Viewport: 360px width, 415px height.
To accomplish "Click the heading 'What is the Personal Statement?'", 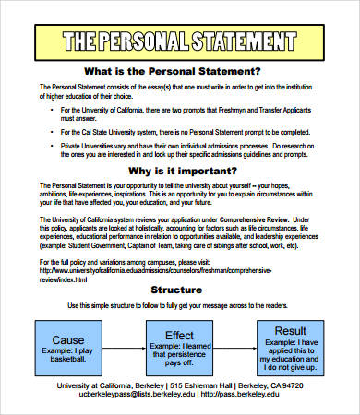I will [180, 71].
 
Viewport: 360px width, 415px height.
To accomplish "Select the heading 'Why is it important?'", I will [180, 171].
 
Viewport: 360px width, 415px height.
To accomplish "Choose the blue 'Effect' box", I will [179, 342].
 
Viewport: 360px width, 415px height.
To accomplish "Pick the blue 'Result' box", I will [290, 342].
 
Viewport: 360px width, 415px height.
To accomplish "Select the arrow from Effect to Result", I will [234, 342].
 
